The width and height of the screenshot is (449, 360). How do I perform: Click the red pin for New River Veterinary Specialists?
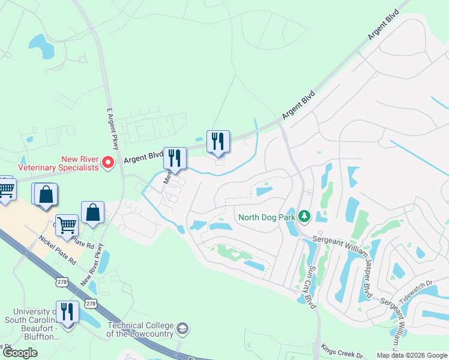pos(108,162)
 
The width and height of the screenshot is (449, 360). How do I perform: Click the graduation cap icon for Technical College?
pos(182,329)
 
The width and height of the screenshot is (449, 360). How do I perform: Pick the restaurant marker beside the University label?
pos(67,313)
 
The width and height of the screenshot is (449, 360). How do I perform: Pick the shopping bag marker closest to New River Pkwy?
pos(92,213)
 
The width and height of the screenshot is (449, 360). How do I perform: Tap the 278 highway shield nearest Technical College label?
pos(91,304)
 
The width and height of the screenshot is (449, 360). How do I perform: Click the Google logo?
pos(20,353)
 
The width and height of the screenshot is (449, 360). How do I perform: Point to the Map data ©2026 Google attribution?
pos(412,355)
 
